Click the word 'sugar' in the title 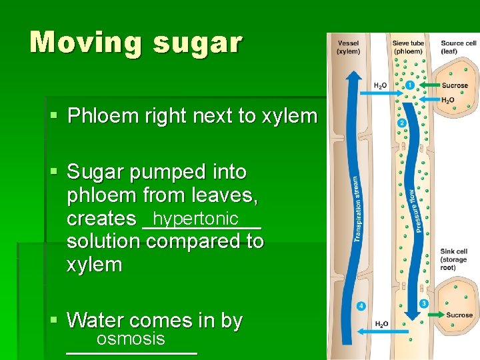(197, 43)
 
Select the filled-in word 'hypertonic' (195, 219)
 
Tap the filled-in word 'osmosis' (131, 339)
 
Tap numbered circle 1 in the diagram (409, 85)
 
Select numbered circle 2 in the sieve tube (401, 123)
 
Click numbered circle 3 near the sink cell (423, 304)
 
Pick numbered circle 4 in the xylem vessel (361, 306)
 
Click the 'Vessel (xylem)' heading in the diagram (348, 47)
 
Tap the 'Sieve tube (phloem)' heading (407, 47)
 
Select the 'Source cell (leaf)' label (458, 47)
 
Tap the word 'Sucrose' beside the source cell (455, 86)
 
